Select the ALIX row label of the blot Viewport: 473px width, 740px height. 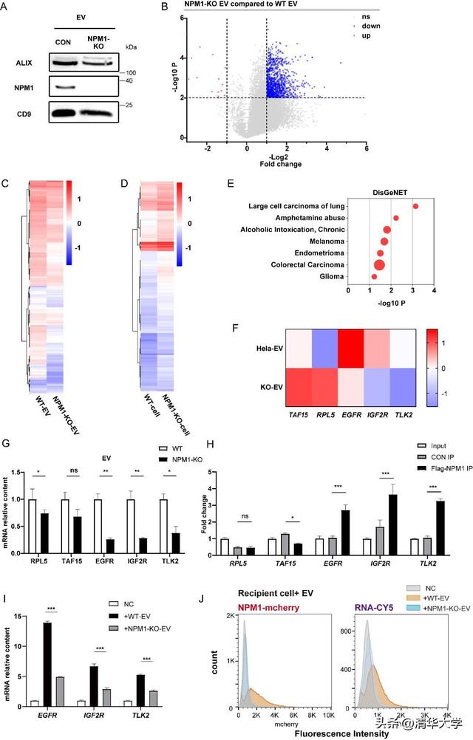point(24,64)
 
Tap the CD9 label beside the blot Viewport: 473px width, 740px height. point(24,114)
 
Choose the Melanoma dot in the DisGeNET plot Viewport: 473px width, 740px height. point(384,241)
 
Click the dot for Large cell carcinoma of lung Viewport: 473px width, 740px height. point(416,207)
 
